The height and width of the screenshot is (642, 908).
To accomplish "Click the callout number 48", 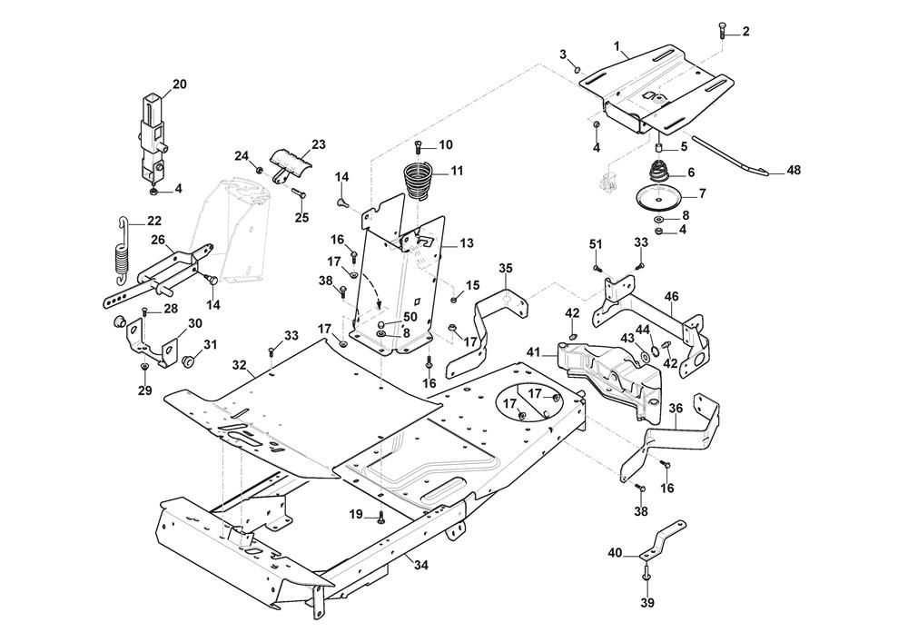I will point(794,170).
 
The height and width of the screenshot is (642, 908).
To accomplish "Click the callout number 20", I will point(179,84).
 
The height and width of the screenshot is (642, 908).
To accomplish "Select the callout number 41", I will point(533,351).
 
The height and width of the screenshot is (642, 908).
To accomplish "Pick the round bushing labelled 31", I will point(189,361).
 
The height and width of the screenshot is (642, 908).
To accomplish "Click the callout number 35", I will point(507,268).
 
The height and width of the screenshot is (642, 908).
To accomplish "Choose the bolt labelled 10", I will point(418,147).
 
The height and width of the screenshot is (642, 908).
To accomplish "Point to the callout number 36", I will point(676,410).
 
